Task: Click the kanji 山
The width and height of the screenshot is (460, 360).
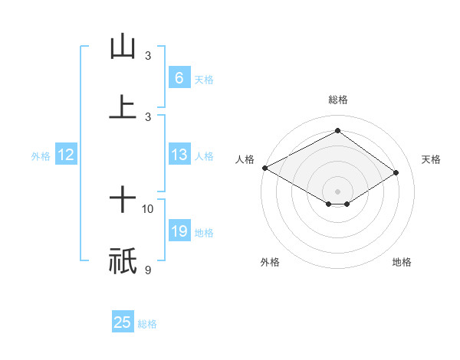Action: tap(123, 47)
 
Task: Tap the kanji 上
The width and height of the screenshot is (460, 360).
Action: tap(123, 106)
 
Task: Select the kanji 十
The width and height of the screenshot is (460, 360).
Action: tap(123, 201)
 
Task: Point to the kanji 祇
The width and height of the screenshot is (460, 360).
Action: tap(123, 260)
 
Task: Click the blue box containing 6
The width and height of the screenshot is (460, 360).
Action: tap(179, 78)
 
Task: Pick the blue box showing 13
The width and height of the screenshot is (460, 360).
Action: tap(179, 155)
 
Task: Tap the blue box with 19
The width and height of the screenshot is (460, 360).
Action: tap(179, 231)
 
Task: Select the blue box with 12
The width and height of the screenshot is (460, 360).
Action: tap(65, 155)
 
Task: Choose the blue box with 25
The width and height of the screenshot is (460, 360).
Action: tap(123, 322)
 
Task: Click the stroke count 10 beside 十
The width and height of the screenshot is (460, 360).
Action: tap(148, 208)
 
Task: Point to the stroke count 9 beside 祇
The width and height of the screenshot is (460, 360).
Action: tap(147, 269)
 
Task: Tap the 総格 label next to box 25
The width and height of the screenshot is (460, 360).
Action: tap(147, 324)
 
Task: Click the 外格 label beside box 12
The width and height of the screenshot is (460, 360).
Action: tap(41, 156)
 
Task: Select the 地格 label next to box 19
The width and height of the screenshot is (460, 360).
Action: tap(204, 233)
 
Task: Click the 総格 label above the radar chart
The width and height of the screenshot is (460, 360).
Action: tap(337, 100)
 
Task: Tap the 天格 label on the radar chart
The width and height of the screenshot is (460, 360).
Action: tap(431, 159)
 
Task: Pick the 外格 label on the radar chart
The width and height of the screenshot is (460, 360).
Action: tap(270, 262)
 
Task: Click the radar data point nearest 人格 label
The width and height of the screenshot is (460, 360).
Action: tap(264, 168)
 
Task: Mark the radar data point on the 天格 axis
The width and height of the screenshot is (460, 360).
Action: tap(396, 172)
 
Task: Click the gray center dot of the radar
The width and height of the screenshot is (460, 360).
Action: tap(337, 191)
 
